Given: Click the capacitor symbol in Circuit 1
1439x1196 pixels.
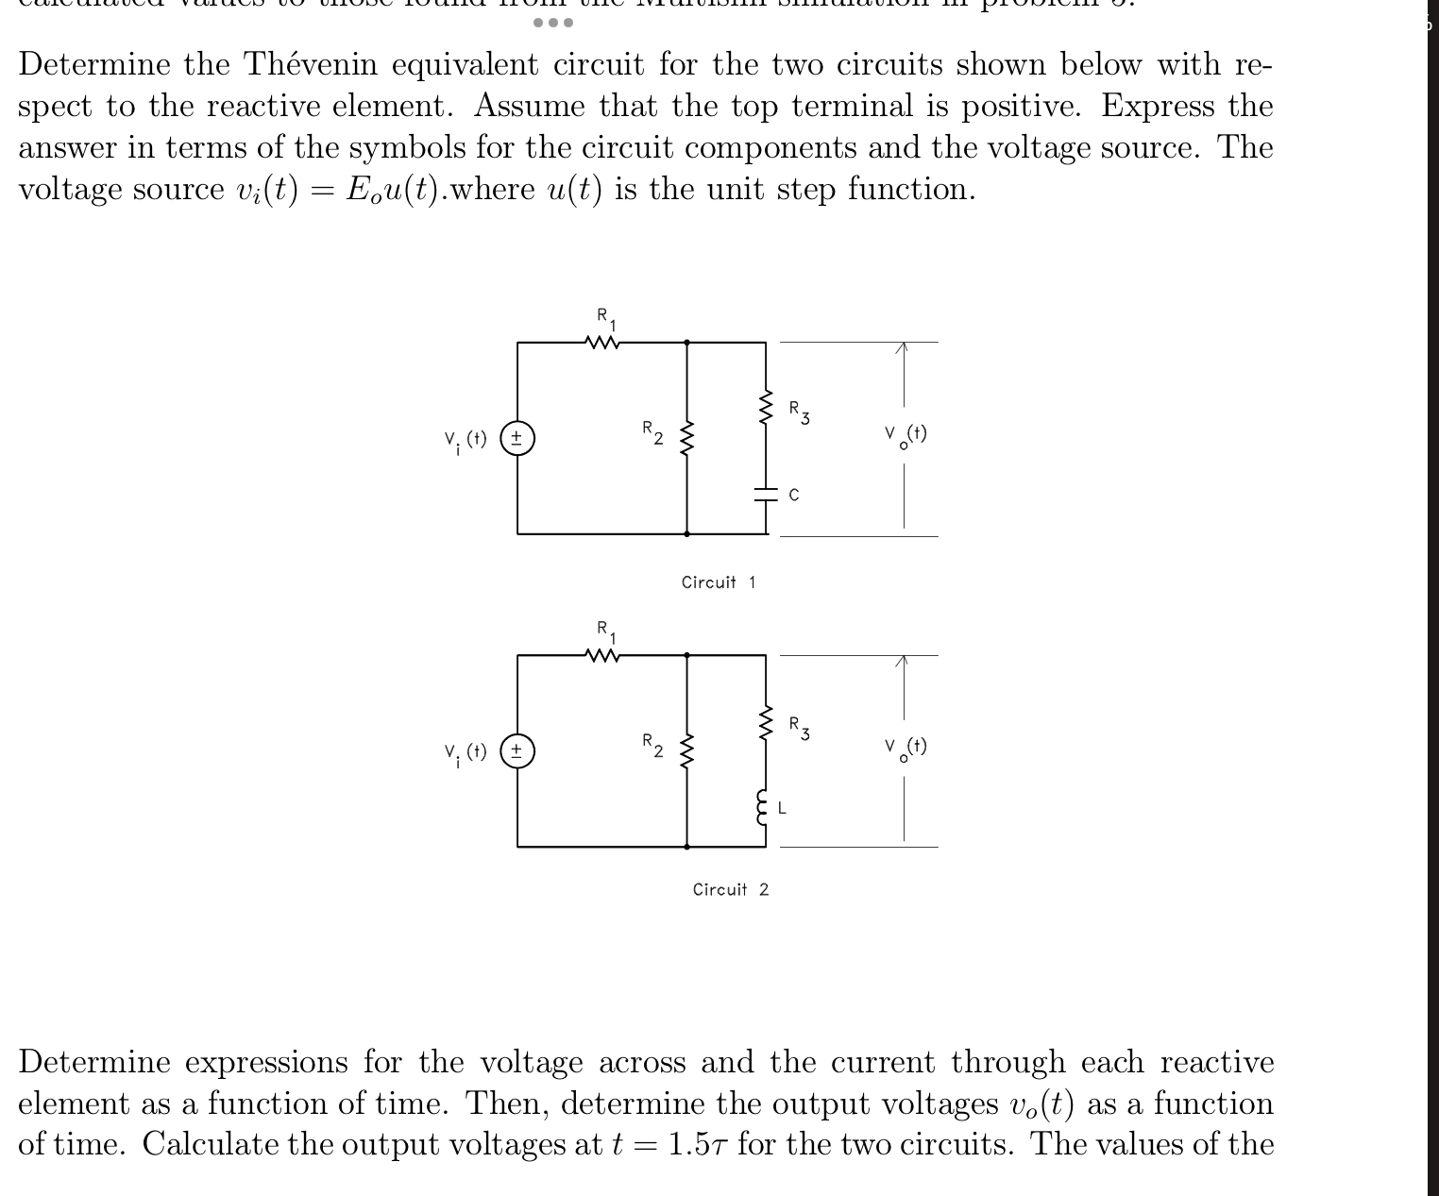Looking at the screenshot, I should (x=766, y=493).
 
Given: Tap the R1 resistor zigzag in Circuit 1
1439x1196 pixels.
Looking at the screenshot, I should (x=602, y=343).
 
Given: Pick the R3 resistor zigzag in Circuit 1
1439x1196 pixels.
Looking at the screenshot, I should (x=766, y=408).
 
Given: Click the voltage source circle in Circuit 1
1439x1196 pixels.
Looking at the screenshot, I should (x=517, y=439).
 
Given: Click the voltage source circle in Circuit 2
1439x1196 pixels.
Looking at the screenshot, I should (x=517, y=751).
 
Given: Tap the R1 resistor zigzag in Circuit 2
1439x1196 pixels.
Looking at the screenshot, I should (x=602, y=655).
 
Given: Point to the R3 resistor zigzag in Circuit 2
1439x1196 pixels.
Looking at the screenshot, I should (x=766, y=722).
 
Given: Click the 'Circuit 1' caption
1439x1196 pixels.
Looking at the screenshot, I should (x=718, y=582).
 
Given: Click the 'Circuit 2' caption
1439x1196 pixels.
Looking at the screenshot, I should (x=730, y=889).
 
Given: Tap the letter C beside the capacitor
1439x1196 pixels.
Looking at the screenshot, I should (x=793, y=495).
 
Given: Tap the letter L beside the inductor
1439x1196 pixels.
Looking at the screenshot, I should (x=783, y=808).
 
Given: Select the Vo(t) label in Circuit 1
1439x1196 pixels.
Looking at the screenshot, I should (x=906, y=436).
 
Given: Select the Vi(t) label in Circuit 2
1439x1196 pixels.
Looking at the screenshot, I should (x=465, y=754).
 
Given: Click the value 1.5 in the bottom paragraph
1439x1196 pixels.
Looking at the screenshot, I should (x=687, y=1144).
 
